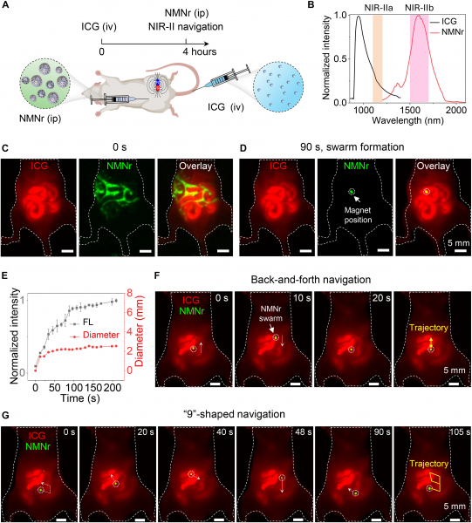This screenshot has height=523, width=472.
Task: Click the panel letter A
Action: [x=5, y=5]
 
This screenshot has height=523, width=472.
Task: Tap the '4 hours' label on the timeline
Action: [x=199, y=51]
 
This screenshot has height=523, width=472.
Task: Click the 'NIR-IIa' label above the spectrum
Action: [x=378, y=8]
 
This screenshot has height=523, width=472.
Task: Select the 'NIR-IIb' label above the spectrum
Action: [x=420, y=8]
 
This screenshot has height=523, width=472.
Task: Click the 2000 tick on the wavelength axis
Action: [x=456, y=110]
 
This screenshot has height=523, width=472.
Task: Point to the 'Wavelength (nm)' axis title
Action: [x=407, y=120]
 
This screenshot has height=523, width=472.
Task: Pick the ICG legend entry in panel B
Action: [x=443, y=21]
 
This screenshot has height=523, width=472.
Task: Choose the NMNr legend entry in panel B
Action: [x=447, y=32]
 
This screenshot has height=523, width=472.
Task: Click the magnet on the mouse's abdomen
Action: [x=158, y=85]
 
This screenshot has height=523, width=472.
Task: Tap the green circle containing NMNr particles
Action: [x=45, y=84]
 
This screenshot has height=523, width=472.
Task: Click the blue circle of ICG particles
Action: [x=278, y=86]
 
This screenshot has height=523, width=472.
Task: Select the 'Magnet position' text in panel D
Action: [x=358, y=214]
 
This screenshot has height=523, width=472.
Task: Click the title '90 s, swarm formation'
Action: [x=352, y=147]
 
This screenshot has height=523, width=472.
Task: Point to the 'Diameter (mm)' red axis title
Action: [x=140, y=331]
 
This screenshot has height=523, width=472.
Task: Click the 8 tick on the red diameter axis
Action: [x=129, y=294]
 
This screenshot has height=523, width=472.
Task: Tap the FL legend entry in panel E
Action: [x=83, y=323]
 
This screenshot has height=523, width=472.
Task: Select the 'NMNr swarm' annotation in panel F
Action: [x=270, y=313]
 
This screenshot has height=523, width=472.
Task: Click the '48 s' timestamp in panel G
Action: [x=303, y=432]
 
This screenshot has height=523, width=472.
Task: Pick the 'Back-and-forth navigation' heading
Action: [x=311, y=280]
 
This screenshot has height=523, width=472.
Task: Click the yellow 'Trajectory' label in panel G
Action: [x=429, y=464]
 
